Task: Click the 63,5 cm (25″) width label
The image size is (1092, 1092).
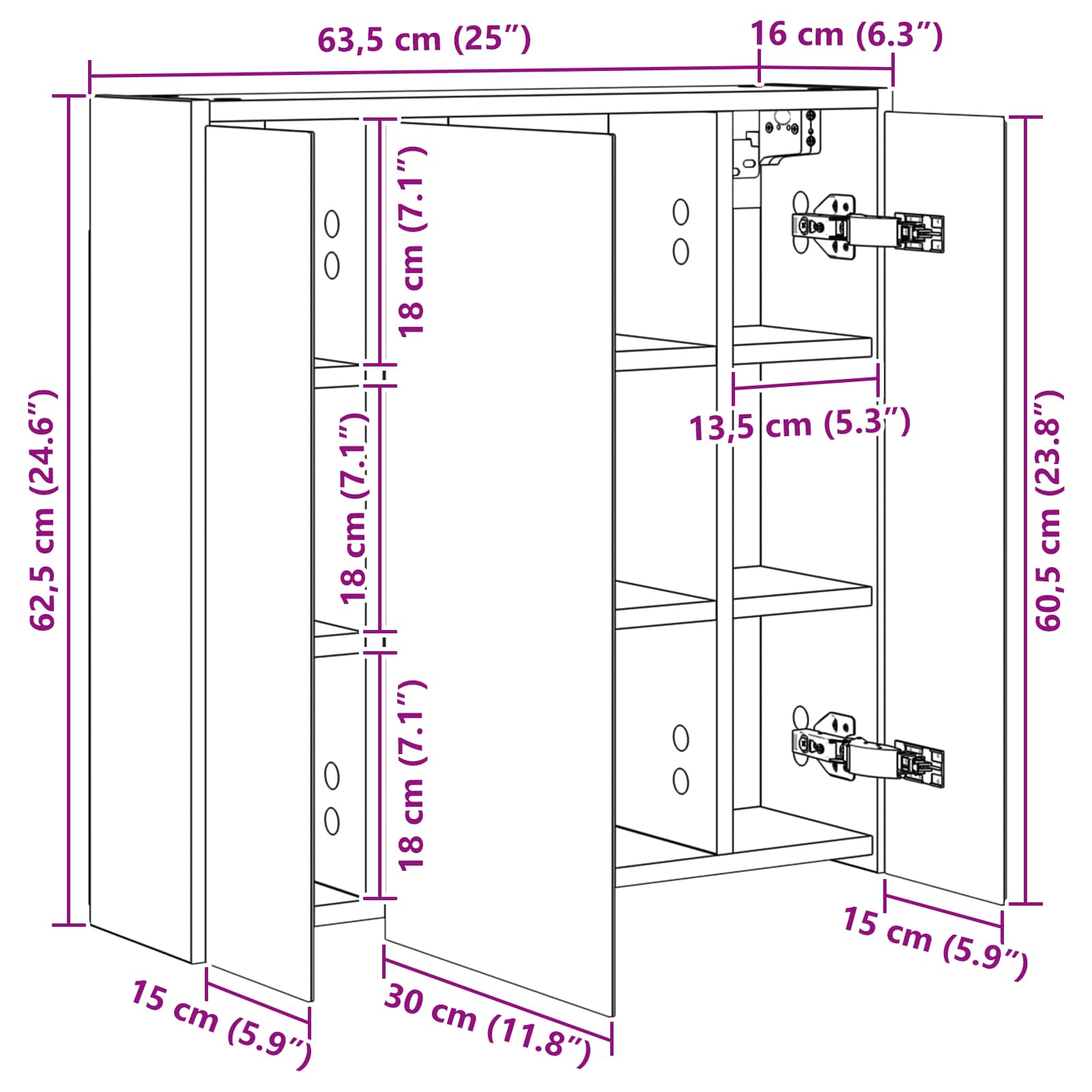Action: click(x=424, y=40)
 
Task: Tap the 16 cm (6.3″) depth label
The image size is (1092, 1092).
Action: click(x=846, y=34)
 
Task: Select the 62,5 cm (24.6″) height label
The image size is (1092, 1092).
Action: click(x=42, y=510)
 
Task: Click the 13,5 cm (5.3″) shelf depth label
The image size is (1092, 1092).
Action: click(x=799, y=425)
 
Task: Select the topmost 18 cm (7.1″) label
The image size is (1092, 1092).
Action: click(x=413, y=240)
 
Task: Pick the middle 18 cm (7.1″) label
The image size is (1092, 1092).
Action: click(x=354, y=508)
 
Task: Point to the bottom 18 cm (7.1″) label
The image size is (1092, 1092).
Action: click(x=412, y=775)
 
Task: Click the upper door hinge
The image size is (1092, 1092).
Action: click(x=867, y=227)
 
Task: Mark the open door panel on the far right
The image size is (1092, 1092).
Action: click(x=945, y=508)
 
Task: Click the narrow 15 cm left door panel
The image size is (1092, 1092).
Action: click(x=259, y=563)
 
